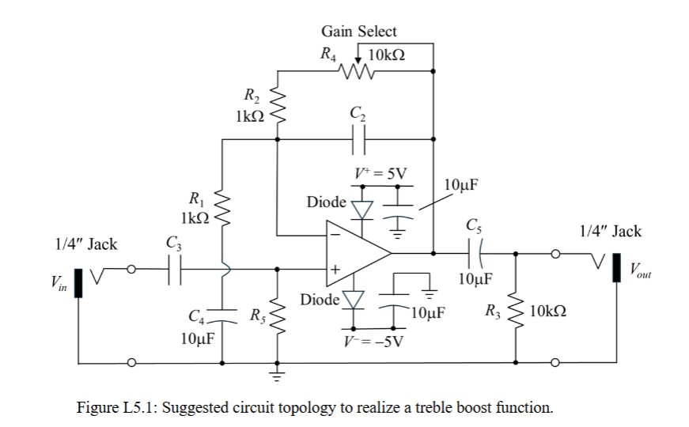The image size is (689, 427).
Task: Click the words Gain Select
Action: tap(358, 32)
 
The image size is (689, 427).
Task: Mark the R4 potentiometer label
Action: tap(327, 55)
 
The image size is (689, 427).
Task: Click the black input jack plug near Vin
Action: tap(78, 283)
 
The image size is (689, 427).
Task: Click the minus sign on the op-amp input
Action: tap(335, 235)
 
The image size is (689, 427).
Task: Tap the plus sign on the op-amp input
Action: tap(335, 270)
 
